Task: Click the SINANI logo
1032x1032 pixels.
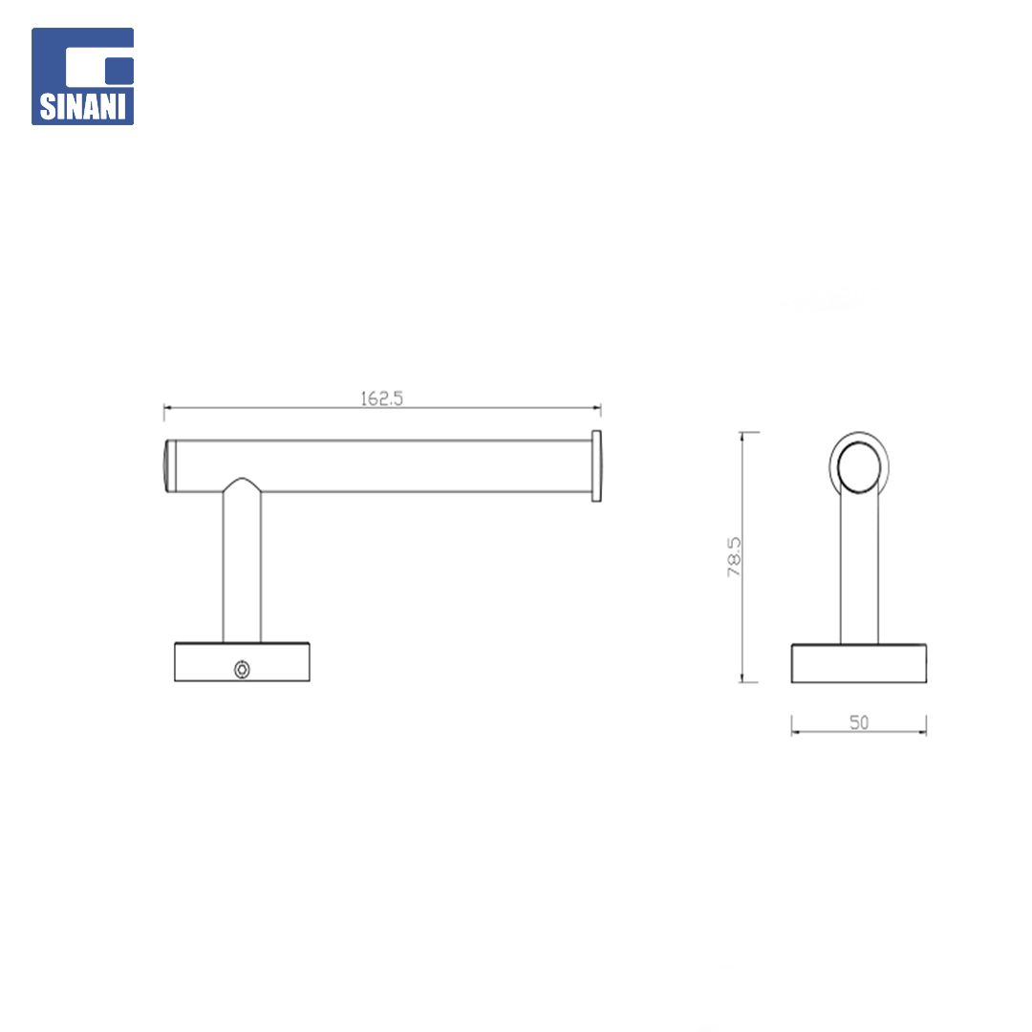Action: pyautogui.click(x=83, y=76)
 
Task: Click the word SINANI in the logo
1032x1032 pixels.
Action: pyautogui.click(x=83, y=107)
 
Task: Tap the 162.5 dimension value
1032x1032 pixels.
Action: pyautogui.click(x=381, y=398)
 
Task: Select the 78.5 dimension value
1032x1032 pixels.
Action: pyautogui.click(x=734, y=557)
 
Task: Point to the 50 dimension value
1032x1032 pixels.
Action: pyautogui.click(x=859, y=722)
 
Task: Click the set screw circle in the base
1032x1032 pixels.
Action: pyautogui.click(x=242, y=669)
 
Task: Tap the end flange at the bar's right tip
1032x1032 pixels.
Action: pyautogui.click(x=596, y=466)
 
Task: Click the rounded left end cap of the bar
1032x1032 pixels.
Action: pyautogui.click(x=169, y=466)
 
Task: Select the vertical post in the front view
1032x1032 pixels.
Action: pyautogui.click(x=242, y=566)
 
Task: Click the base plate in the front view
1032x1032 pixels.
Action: pyautogui.click(x=242, y=662)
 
